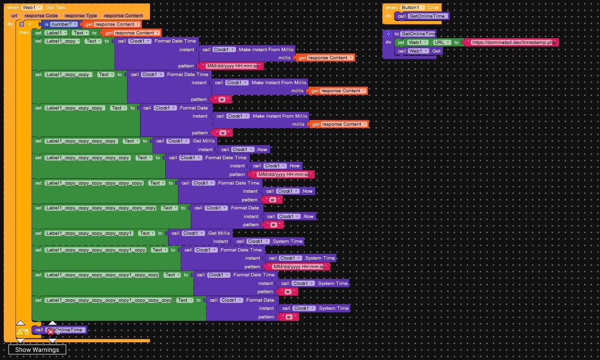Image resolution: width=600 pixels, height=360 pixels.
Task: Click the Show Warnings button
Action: pyautogui.click(x=37, y=349)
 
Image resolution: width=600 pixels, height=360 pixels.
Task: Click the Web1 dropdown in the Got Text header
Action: pyautogui.click(x=32, y=8)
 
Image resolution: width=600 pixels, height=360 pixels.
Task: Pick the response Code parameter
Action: pyautogui.click(x=42, y=16)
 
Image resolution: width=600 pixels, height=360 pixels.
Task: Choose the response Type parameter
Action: pyautogui.click(x=81, y=16)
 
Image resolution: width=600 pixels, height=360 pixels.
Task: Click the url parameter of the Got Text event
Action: pyautogui.click(x=14, y=16)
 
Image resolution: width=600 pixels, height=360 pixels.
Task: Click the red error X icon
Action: pyautogui.click(x=50, y=331)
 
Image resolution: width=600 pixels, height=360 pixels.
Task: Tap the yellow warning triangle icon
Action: pyautogui.click(x=20, y=331)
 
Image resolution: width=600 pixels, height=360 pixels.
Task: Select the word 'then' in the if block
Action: pyautogui.click(x=24, y=33)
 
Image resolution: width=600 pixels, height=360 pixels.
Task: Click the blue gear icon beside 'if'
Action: pyautogui.click(x=21, y=24)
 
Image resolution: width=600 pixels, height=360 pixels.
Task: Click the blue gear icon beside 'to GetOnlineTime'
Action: pyautogui.click(x=388, y=34)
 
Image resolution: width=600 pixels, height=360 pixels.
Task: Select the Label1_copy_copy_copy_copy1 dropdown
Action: pyautogui.click(x=89, y=233)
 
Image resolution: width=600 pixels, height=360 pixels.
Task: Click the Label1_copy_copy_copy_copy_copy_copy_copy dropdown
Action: pyautogui.click(x=100, y=208)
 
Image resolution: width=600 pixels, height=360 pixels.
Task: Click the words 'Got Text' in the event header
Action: pyautogui.click(x=55, y=8)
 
